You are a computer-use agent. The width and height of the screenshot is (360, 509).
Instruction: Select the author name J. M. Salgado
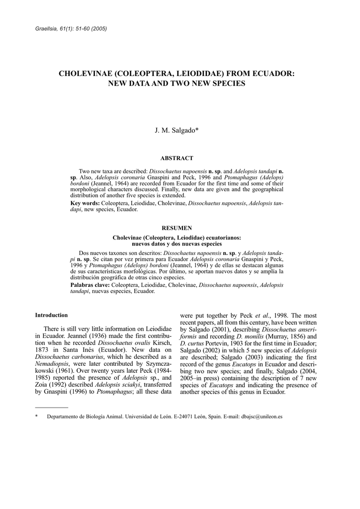pyautogui.click(x=176, y=131)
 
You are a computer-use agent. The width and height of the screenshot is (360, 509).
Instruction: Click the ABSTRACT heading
pyautogui.click(x=177, y=158)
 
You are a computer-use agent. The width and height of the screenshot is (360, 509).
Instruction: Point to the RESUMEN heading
pyautogui.click(x=177, y=228)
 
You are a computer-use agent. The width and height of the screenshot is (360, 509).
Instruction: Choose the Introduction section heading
pyautogui.click(x=51, y=315)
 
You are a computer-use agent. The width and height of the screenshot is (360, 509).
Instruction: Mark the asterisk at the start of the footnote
pyautogui.click(x=36, y=417)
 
